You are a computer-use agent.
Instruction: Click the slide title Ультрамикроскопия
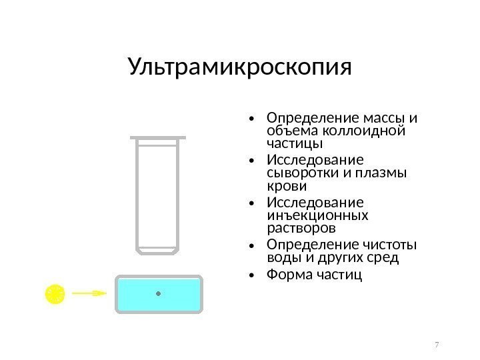pyautogui.click(x=239, y=67)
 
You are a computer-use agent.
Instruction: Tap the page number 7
pyautogui.click(x=437, y=345)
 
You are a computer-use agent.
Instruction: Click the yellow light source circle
pyautogui.click(x=54, y=293)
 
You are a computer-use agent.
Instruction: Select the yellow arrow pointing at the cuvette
pyautogui.click(x=89, y=293)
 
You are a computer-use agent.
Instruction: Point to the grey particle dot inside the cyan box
pyautogui.click(x=158, y=293)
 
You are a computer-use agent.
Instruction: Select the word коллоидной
pyautogui.click(x=374, y=130)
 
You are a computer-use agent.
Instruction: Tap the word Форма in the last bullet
pyautogui.click(x=287, y=274)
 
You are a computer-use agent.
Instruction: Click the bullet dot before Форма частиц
pyautogui.click(x=250, y=275)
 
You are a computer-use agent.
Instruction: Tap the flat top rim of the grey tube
pyautogui.click(x=158, y=137)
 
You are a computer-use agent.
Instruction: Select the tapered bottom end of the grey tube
pyautogui.click(x=158, y=251)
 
